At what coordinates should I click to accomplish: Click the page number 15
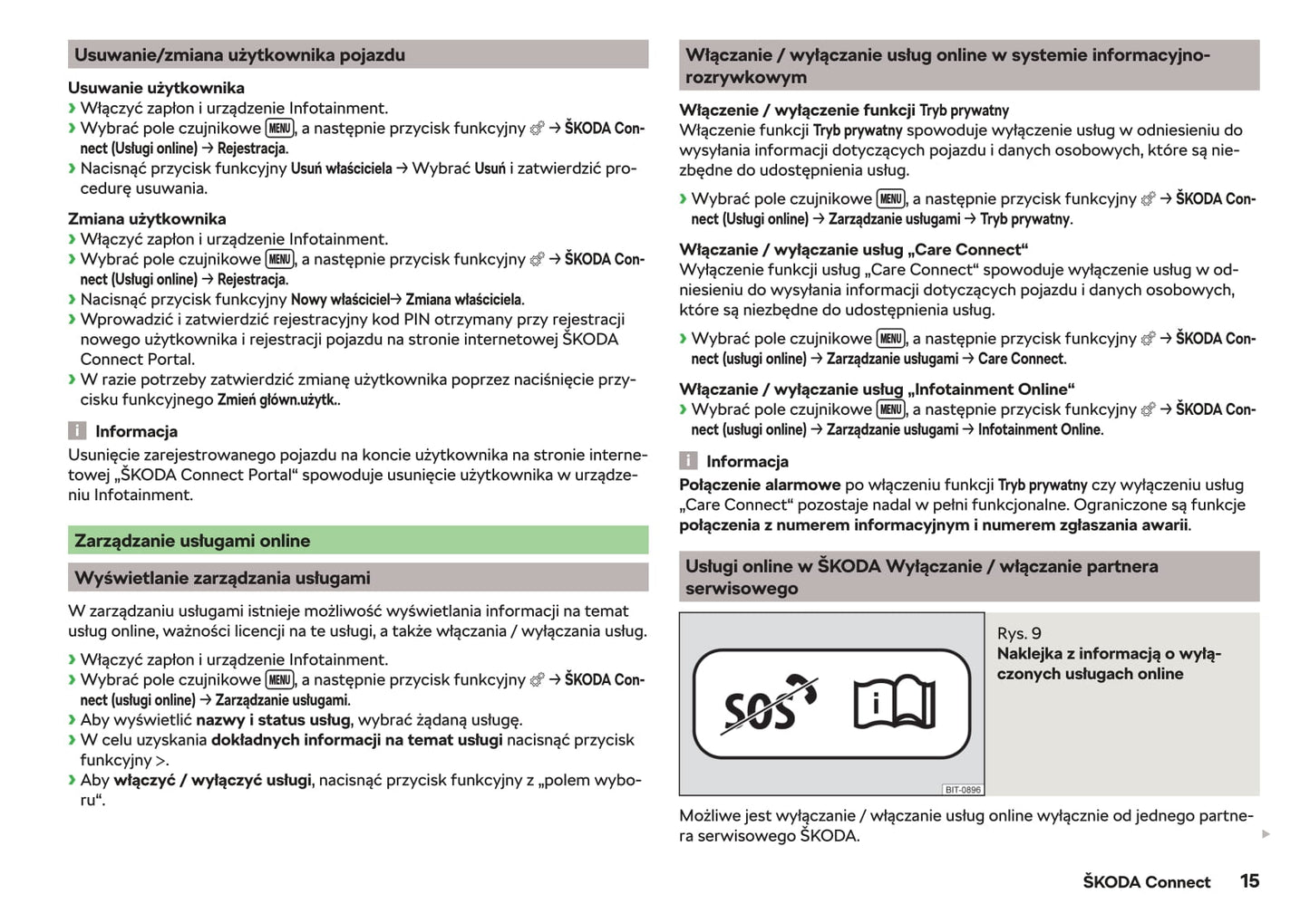(x=1248, y=880)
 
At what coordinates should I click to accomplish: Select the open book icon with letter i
(x=893, y=703)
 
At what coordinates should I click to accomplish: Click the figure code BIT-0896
(x=962, y=789)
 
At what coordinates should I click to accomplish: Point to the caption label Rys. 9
(x=1019, y=633)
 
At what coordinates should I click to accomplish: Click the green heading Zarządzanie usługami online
(x=192, y=541)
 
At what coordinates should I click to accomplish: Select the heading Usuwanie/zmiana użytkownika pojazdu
(x=239, y=55)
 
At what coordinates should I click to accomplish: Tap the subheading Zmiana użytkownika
(x=147, y=218)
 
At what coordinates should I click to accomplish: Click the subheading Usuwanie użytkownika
(x=156, y=88)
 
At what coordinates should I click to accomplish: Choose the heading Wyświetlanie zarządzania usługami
(x=222, y=578)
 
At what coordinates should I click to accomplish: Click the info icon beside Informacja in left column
(x=78, y=431)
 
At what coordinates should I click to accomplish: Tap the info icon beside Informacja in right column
(x=689, y=461)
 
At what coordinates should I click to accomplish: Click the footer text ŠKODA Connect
(x=1146, y=881)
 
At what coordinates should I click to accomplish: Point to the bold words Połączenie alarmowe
(x=760, y=485)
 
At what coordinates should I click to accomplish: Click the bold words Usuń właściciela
(x=341, y=168)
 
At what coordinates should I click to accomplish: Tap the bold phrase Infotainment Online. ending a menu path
(x=1040, y=429)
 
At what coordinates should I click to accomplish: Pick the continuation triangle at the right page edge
(x=1266, y=833)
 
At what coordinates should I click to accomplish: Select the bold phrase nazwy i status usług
(x=273, y=720)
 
